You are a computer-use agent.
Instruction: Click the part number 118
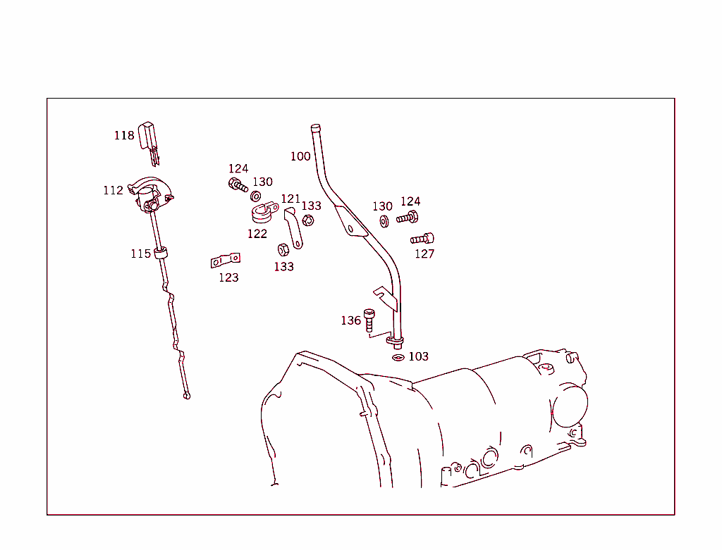click(x=124, y=135)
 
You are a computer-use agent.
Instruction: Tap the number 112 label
click(x=113, y=190)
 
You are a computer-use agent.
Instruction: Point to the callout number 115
click(x=140, y=254)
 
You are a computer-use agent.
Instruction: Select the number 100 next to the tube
click(x=300, y=156)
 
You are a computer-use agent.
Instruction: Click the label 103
click(x=418, y=356)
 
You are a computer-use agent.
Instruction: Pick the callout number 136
click(x=350, y=320)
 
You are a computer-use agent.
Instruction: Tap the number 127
click(x=424, y=254)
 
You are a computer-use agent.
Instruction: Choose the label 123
click(x=228, y=277)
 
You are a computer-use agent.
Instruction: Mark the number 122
click(x=257, y=233)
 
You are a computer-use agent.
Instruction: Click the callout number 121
click(x=290, y=199)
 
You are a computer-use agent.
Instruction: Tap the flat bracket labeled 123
click(x=225, y=261)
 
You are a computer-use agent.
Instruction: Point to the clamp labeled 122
click(x=264, y=211)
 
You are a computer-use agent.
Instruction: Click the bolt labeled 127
click(x=422, y=239)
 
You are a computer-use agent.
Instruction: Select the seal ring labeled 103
click(x=398, y=358)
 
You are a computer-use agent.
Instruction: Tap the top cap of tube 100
click(x=315, y=127)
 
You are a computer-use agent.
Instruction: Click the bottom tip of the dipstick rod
click(x=187, y=396)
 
